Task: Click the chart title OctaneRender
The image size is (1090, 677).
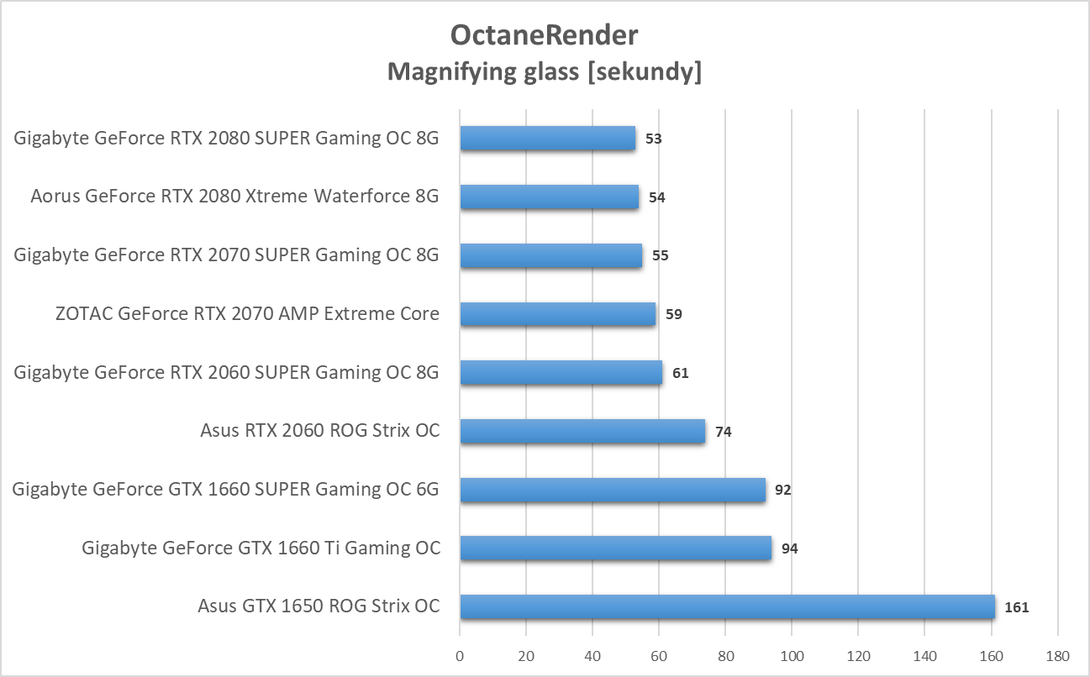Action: tap(545, 34)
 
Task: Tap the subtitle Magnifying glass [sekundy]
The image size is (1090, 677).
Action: tap(545, 72)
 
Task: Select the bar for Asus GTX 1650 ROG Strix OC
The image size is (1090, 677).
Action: tap(727, 606)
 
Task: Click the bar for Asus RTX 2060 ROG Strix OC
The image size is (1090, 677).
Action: tap(582, 431)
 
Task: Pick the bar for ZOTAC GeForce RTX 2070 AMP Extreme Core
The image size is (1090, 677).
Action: tap(557, 314)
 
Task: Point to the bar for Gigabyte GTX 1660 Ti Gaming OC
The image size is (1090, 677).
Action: tap(615, 548)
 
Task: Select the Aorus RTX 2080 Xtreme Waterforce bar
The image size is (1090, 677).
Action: tap(549, 197)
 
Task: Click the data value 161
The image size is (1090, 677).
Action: tap(1016, 607)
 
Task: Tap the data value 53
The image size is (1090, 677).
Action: tap(653, 139)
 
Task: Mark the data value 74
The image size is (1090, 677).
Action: tap(723, 432)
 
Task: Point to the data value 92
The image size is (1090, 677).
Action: tap(782, 490)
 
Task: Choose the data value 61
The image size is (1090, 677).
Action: tap(680, 373)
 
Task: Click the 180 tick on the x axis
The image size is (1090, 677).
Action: tap(1057, 655)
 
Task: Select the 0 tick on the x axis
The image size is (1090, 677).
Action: tap(460, 655)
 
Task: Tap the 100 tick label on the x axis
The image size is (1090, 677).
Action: tap(792, 655)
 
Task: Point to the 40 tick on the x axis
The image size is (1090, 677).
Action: tap(592, 655)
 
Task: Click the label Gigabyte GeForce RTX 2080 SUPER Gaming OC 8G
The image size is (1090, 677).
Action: tap(227, 138)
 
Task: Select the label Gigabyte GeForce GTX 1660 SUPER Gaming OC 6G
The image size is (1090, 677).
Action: tap(226, 489)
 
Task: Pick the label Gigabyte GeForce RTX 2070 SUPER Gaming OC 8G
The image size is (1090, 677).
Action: tap(227, 255)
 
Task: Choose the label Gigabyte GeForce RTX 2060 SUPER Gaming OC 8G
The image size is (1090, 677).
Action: tap(227, 372)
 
